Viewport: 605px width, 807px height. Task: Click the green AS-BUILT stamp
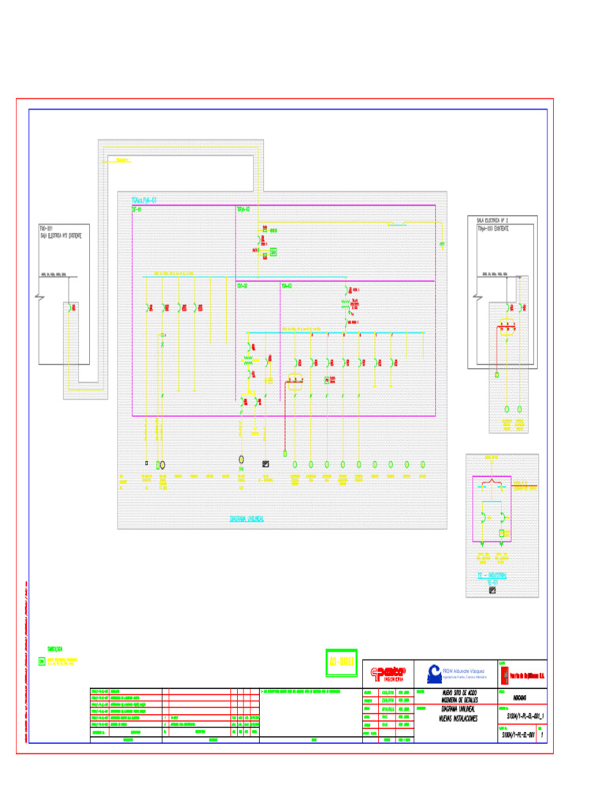pyautogui.click(x=342, y=662)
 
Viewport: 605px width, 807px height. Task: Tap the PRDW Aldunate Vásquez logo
pyautogui.click(x=457, y=672)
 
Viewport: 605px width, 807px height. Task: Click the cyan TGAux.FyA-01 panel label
pyautogui.click(x=145, y=200)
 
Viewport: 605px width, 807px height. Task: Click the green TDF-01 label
pyautogui.click(x=137, y=210)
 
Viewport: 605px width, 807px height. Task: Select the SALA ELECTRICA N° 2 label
pyautogui.click(x=493, y=221)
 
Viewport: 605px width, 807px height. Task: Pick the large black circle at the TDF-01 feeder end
pyautogui.click(x=162, y=465)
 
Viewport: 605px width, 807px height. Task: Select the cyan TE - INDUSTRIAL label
pyautogui.click(x=492, y=576)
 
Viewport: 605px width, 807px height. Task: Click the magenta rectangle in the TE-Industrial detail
pyautogui.click(x=492, y=509)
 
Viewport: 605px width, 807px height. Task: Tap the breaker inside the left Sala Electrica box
pyautogui.click(x=72, y=307)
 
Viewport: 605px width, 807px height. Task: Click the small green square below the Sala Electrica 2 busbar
pyautogui.click(x=497, y=375)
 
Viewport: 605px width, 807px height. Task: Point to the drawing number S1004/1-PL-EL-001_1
pyautogui.click(x=521, y=716)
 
